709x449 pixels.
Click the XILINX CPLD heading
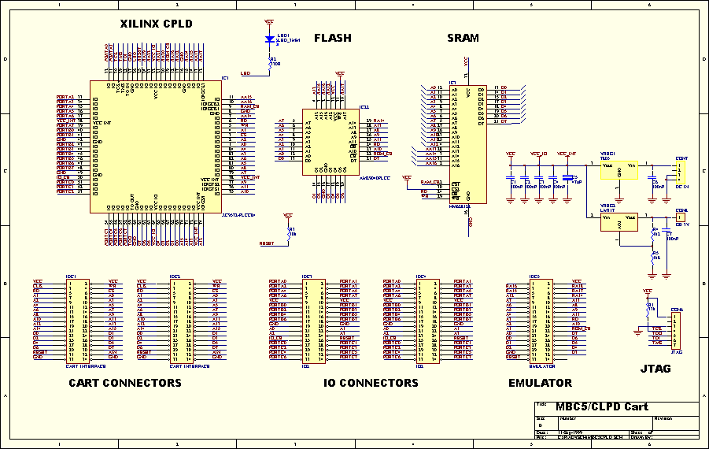click(156, 24)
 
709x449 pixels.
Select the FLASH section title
click(333, 38)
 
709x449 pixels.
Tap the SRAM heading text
click(463, 38)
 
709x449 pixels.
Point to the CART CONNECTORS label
click(125, 383)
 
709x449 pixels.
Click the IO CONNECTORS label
click(371, 383)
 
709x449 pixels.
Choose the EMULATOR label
click(540, 383)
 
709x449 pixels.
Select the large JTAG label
click(655, 368)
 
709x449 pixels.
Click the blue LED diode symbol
click(270, 38)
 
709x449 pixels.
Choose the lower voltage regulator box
click(619, 222)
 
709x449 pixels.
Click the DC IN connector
click(681, 170)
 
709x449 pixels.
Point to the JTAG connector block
click(677, 329)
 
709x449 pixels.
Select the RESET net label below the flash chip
click(267, 244)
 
